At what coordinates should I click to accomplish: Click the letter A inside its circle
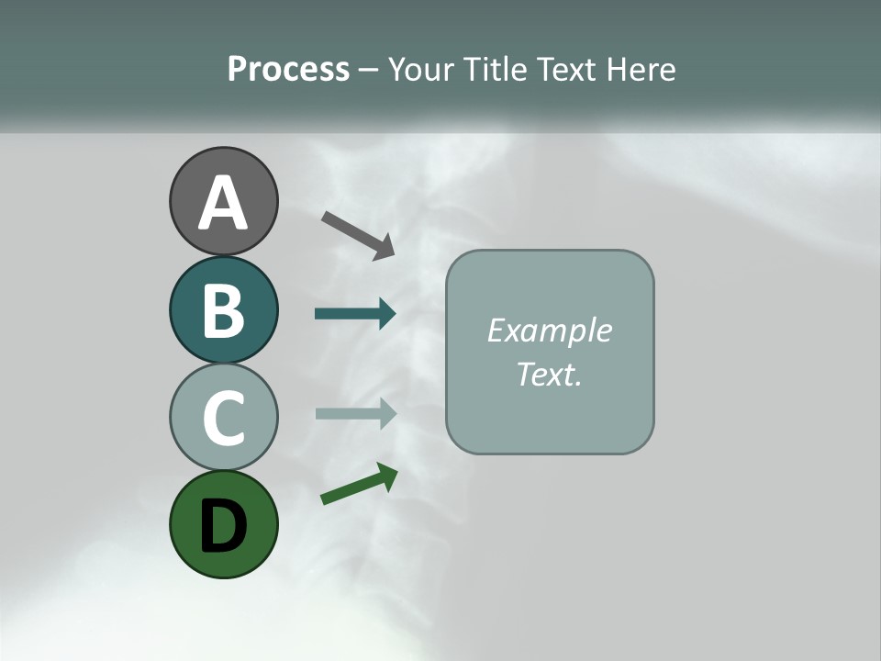223,203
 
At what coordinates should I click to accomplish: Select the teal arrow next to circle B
353,313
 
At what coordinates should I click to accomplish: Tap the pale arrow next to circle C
353,412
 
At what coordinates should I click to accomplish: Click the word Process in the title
288,69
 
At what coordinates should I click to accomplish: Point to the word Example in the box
549,331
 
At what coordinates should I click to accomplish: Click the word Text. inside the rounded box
549,374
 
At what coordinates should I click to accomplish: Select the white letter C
223,418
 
